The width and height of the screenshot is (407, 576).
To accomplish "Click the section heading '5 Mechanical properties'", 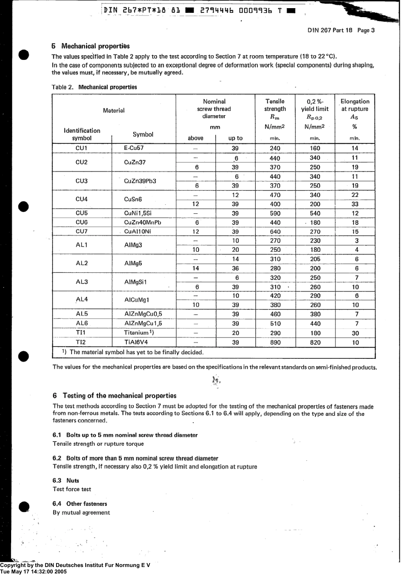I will (90, 46).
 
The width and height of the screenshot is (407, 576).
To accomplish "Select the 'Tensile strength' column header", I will (275, 109).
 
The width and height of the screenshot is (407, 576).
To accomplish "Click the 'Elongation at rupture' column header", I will (355, 109).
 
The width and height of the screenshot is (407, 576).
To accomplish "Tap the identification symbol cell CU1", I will (81, 148).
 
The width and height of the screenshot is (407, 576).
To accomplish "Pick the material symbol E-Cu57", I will (134, 148).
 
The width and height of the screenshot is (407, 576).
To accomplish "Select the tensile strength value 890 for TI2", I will (275, 343).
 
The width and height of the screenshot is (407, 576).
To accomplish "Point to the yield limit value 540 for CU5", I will (315, 213).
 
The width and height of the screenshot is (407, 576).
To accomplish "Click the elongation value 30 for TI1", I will (355, 333).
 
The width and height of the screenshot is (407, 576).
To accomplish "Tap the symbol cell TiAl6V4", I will (136, 343).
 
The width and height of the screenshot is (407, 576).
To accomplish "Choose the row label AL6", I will (81, 324).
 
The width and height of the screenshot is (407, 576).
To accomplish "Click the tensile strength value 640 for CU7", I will (275, 232).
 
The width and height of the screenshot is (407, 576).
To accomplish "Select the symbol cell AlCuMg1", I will (137, 300).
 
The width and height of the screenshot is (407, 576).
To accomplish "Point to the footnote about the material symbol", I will (133, 352).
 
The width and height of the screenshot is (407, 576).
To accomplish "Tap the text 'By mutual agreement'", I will (81, 513).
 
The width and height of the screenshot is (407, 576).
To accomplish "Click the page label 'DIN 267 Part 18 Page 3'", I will (341, 30).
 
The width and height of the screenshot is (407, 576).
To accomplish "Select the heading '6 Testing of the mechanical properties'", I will (114, 396).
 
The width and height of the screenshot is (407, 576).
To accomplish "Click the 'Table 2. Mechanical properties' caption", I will (94, 87).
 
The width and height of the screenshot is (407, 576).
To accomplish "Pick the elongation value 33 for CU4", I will (355, 204).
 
